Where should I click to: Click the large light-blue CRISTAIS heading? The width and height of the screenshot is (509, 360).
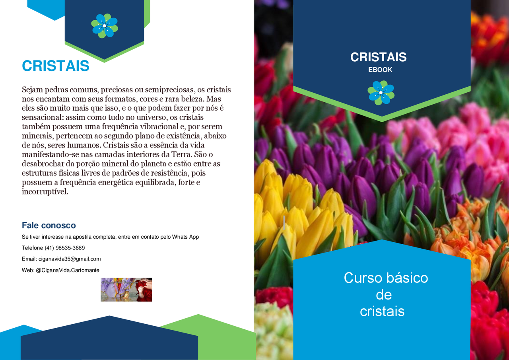coord(55,66)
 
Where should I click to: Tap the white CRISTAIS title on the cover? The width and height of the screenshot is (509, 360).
coord(378,57)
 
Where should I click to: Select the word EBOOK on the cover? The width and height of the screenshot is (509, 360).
coord(380,70)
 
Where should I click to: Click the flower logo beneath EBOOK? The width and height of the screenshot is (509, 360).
coord(381,93)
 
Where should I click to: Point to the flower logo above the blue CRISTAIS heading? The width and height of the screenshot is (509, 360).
coord(105,26)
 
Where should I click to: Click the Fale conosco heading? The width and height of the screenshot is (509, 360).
coord(49,226)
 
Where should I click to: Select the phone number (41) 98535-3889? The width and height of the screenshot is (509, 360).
coord(65,248)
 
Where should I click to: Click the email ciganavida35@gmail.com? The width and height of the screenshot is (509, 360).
coord(70,259)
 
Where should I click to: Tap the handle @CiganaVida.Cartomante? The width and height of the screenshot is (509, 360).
coord(68,270)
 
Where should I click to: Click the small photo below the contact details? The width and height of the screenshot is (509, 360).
coord(126,290)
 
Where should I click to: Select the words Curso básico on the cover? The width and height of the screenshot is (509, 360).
coord(386,278)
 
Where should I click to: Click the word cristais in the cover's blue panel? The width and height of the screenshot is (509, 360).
coord(382,311)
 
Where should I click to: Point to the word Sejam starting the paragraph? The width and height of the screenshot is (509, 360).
coord(33,90)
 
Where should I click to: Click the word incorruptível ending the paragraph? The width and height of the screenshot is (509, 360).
coord(45,192)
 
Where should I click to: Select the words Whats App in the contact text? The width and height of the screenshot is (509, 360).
coord(185,237)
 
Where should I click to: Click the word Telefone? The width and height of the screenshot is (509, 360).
coord(32,248)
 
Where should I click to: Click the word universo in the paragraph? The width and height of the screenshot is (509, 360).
coord(148,117)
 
